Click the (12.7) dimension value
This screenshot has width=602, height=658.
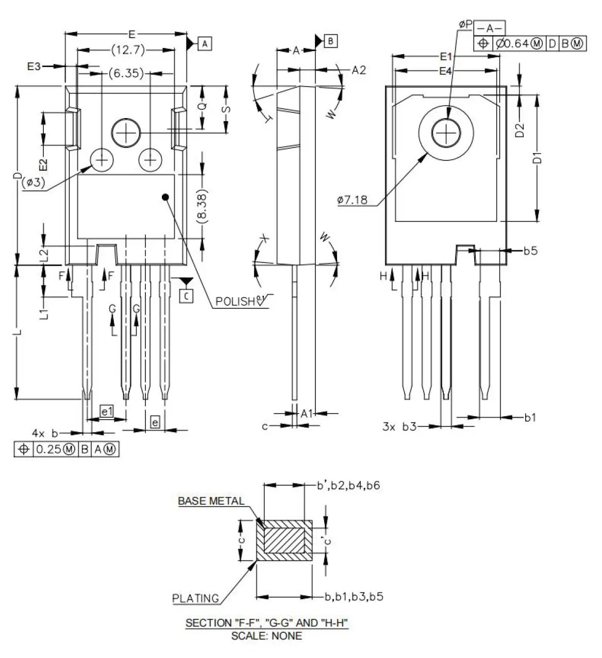pos(128,50)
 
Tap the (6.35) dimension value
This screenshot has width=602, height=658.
pos(126,73)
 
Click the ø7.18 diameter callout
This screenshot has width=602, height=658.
pos(352,200)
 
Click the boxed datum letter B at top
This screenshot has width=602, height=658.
pos(330,41)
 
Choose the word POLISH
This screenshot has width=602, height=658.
pos(235,301)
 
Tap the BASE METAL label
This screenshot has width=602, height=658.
pos(211,501)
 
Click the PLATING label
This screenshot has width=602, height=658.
pos(195,598)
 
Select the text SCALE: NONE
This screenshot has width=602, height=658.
pos(266,636)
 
